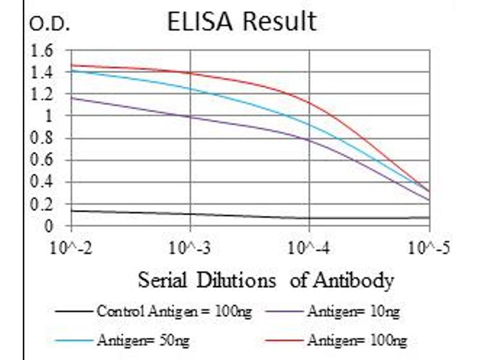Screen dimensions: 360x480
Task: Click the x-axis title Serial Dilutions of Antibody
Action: click(x=266, y=280)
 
